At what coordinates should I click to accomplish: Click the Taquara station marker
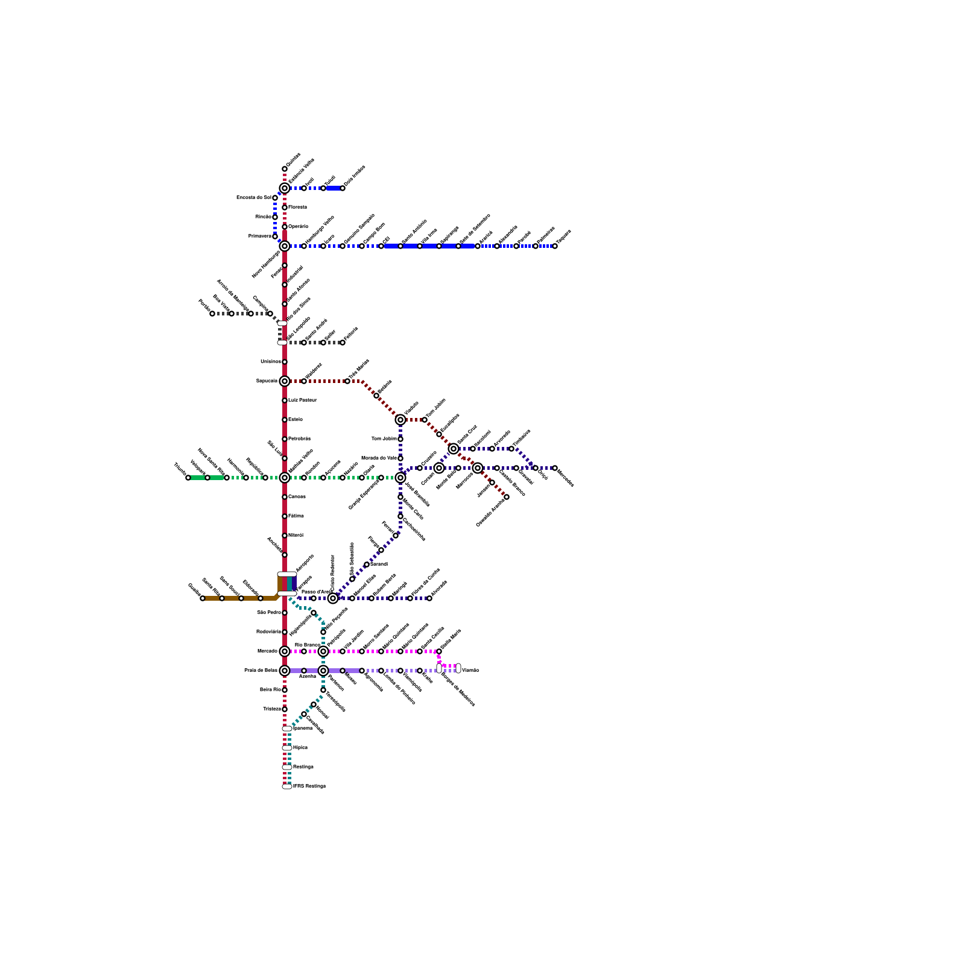point(555,246)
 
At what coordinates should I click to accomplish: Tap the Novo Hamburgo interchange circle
point(285,246)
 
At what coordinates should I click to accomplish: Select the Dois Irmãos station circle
point(343,188)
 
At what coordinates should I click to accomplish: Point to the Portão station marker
point(212,314)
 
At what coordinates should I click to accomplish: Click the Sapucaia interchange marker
point(285,381)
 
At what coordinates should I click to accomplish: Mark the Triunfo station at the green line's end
point(188,478)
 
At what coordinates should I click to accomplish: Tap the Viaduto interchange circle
point(400,420)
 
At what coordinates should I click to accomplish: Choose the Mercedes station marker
point(555,468)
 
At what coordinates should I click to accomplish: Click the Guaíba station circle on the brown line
point(203,598)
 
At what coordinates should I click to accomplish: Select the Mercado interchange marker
point(285,651)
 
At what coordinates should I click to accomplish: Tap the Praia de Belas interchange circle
point(285,671)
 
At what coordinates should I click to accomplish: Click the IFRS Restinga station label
point(309,786)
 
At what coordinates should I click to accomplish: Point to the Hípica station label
point(300,748)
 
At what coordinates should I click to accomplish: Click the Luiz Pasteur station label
point(302,400)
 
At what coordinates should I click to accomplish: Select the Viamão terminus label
point(470,670)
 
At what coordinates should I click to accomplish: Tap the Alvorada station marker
point(429,598)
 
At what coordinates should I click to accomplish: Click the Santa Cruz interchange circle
point(454,449)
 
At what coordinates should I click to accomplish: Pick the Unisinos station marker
point(285,362)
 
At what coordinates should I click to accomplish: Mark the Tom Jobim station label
point(384,439)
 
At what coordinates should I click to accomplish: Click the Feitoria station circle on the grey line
point(343,343)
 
